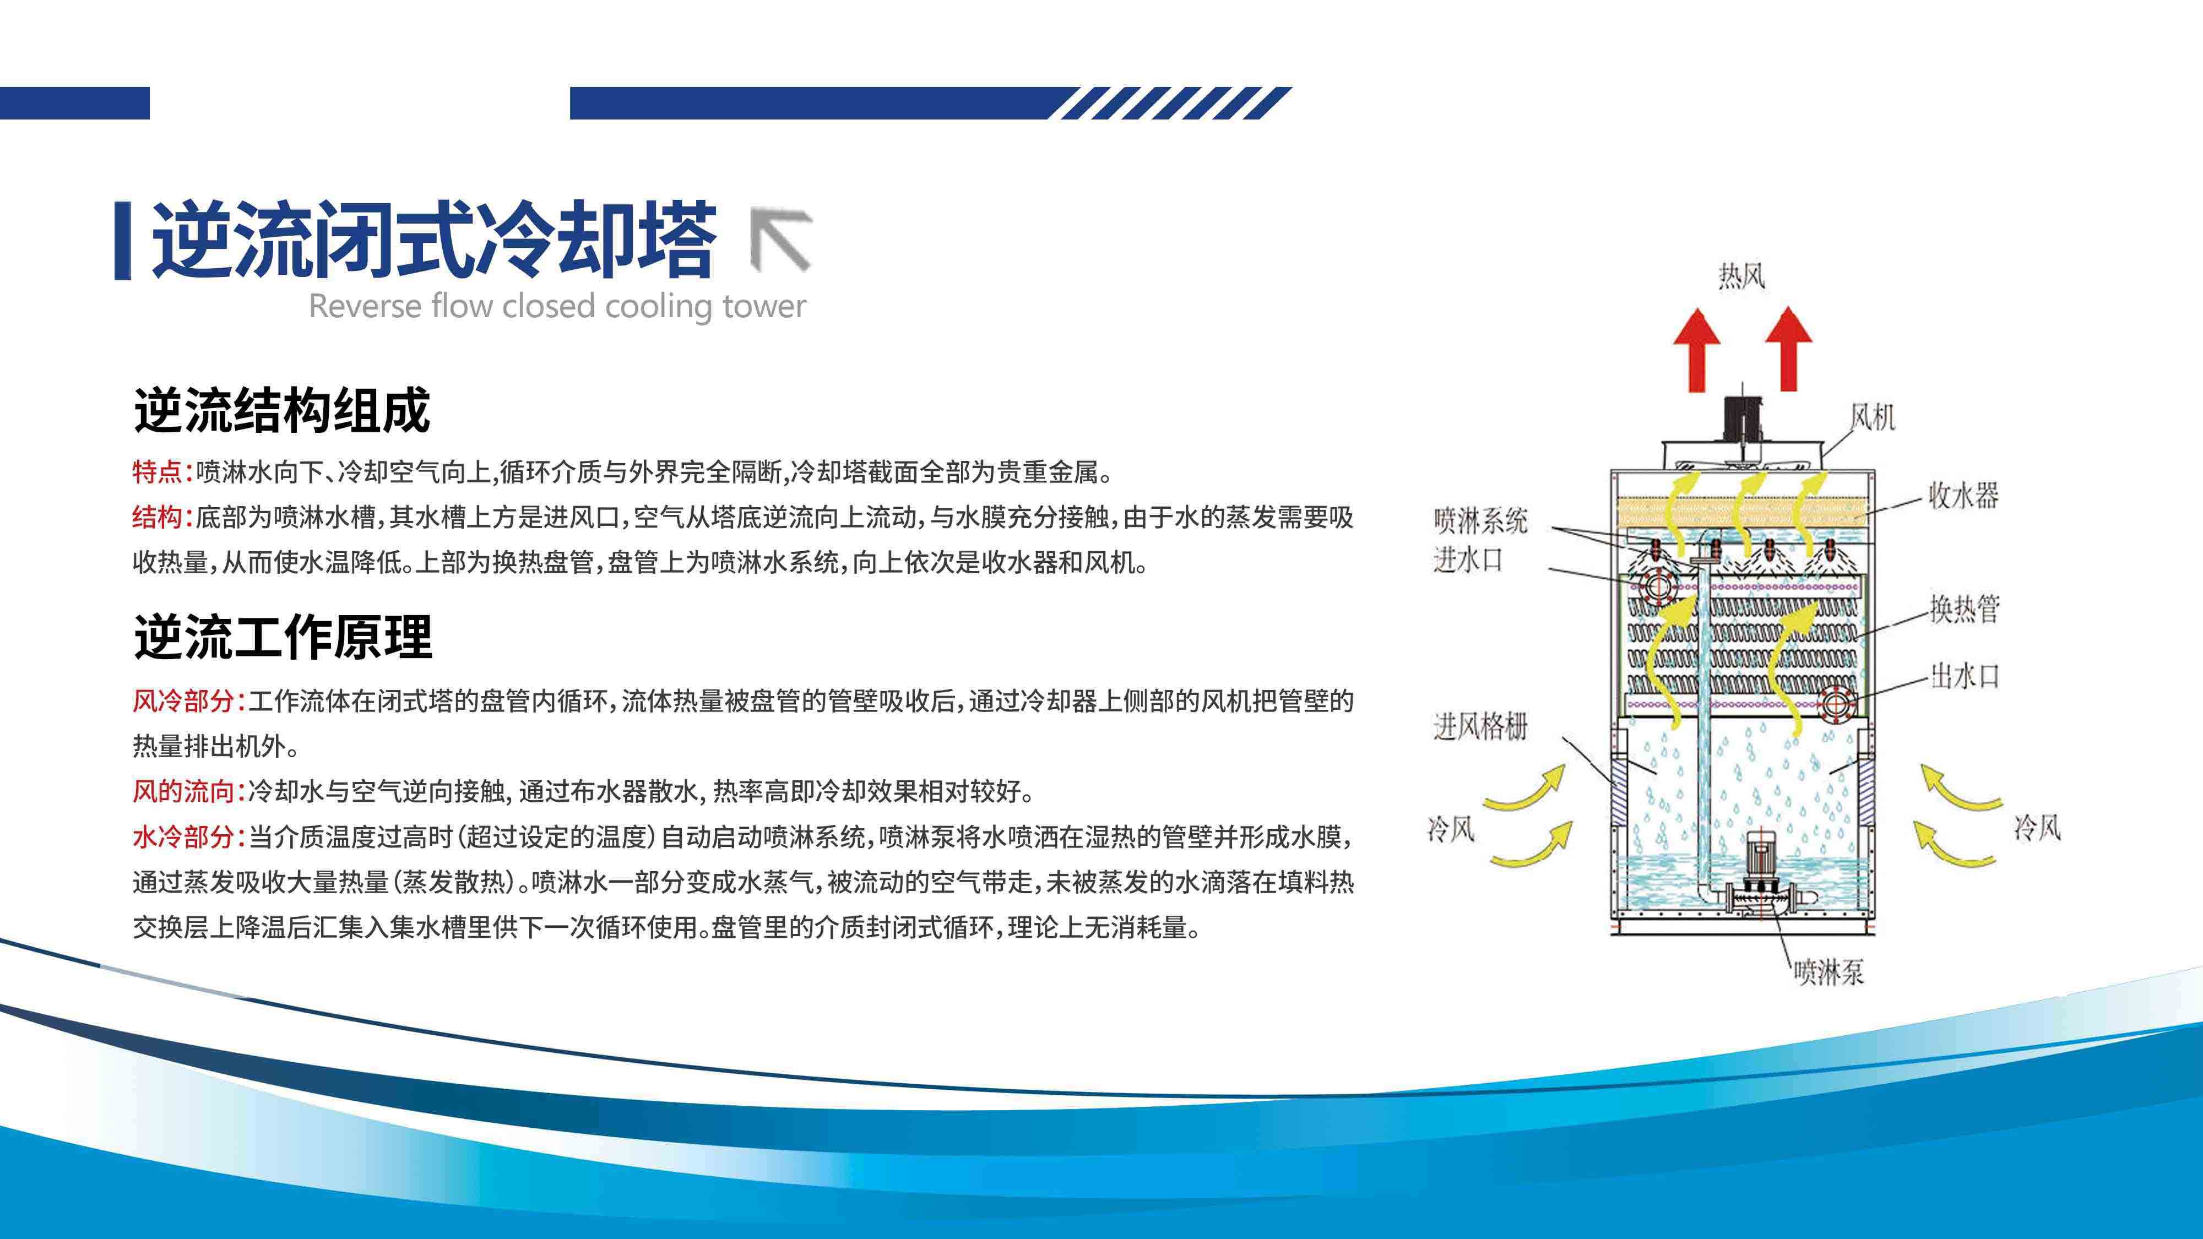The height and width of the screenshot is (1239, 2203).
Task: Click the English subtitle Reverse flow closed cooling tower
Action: [x=557, y=306]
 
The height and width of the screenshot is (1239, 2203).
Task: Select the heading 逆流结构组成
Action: [x=281, y=411]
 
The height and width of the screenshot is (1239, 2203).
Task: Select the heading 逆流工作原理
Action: [x=283, y=637]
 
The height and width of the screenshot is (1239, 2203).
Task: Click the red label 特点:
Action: [x=162, y=471]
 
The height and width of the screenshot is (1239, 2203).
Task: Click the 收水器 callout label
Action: [x=1963, y=495]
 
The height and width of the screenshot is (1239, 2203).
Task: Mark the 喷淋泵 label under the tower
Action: [x=1828, y=971]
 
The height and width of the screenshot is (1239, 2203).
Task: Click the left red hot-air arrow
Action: [x=1697, y=351]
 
